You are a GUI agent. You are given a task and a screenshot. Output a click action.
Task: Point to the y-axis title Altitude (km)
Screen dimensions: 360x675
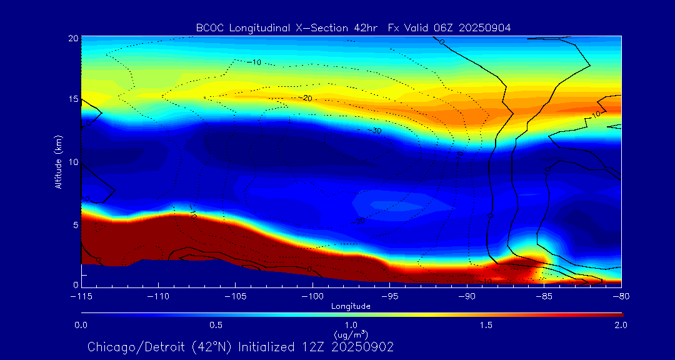pos(58,161)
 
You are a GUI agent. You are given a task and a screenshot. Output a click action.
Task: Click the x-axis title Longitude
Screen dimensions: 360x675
pos(351,306)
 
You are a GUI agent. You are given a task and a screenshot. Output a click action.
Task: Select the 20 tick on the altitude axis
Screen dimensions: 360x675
pos(72,38)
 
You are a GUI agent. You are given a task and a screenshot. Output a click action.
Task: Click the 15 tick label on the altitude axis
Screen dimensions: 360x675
pos(72,99)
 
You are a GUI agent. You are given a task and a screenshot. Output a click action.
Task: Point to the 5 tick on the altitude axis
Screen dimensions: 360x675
pos(74,224)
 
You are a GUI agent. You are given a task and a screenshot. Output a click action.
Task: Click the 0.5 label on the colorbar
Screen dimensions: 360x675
pos(216,325)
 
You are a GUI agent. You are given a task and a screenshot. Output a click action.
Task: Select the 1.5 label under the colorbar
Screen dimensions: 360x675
pos(486,325)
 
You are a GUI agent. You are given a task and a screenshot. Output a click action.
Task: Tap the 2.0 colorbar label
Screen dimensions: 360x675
pos(621,325)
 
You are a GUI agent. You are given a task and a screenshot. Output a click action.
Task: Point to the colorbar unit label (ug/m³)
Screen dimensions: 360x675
pos(351,334)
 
